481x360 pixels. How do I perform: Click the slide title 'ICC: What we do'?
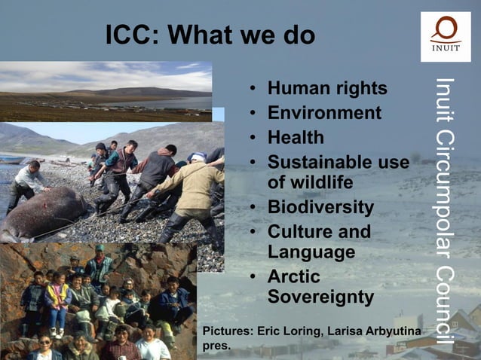[x=210, y=35]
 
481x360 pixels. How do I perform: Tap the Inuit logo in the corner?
[x=445, y=35]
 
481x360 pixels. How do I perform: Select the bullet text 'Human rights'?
[x=327, y=89]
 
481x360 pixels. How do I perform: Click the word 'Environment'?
[x=324, y=114]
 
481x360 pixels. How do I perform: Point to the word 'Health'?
[x=296, y=138]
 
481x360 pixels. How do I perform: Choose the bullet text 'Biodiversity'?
[x=320, y=207]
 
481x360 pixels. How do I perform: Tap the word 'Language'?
[x=311, y=252]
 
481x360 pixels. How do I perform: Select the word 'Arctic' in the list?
[x=294, y=276]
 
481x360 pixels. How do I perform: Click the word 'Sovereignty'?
[x=320, y=297]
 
